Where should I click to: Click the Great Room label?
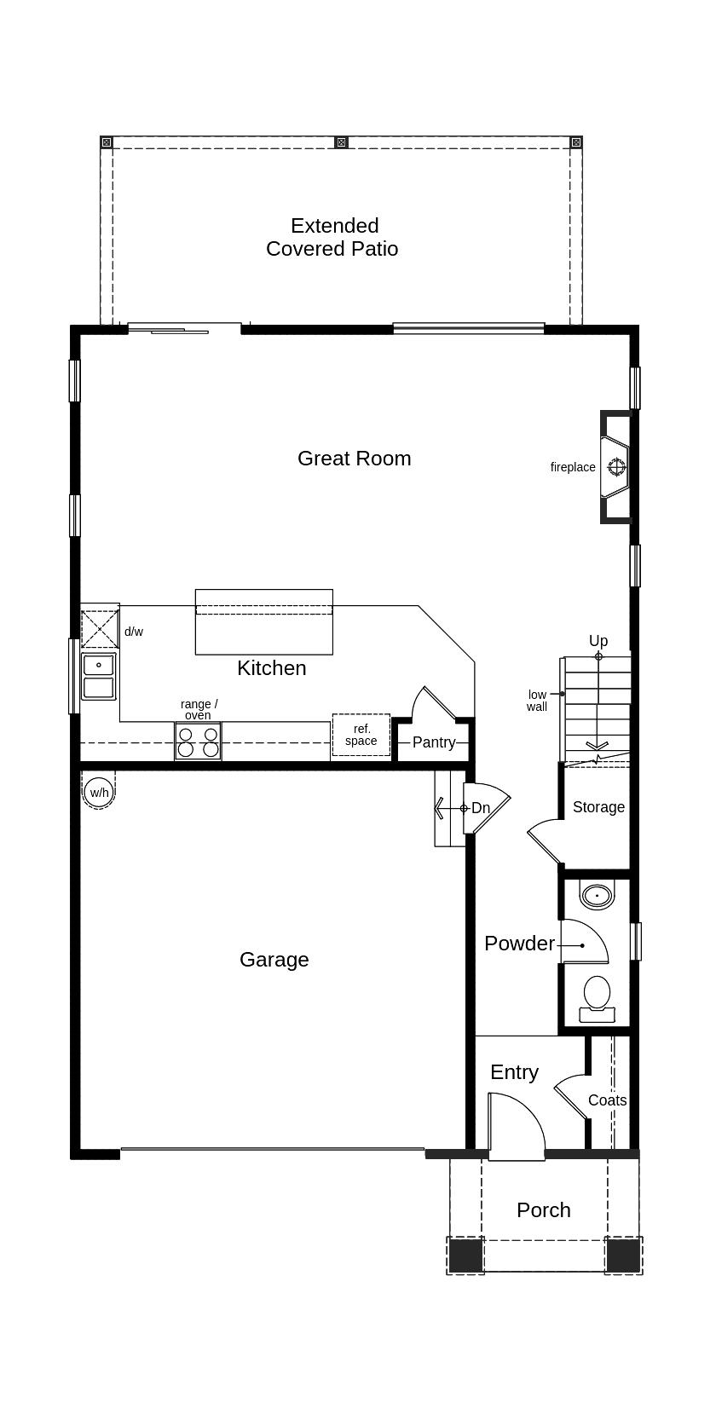[x=354, y=459]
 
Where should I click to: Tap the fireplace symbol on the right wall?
[x=616, y=467]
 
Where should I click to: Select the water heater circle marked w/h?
[x=99, y=793]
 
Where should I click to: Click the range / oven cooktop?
[x=198, y=741]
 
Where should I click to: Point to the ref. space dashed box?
[x=361, y=736]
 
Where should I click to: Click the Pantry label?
[x=434, y=742]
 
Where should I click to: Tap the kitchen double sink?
[x=99, y=677]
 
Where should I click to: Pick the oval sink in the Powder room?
[x=597, y=896]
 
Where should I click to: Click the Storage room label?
[x=598, y=807]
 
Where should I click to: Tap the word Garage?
[x=274, y=960]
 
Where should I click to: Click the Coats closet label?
[x=608, y=1100]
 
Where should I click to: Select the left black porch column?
[x=465, y=1255]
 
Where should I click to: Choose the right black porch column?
[x=623, y=1255]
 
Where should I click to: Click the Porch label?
[x=544, y=1210]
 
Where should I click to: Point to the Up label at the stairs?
[x=598, y=641]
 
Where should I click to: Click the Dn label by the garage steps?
[x=481, y=808]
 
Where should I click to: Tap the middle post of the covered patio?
[x=341, y=142]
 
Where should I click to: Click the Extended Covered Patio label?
[x=332, y=237]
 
